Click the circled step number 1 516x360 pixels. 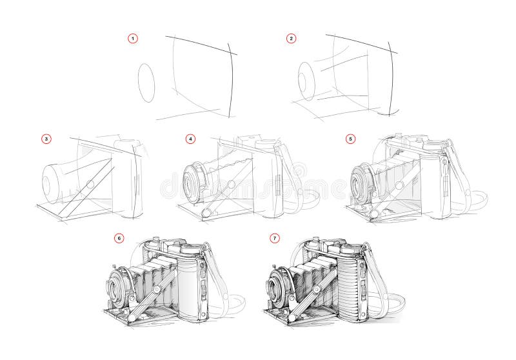pos(133,39)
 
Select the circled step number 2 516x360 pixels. pos(291,39)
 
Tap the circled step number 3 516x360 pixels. pos(45,138)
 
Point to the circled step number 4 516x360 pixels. pos(190,138)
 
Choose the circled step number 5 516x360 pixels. pos(350,138)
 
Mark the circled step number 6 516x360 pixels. pos(118,238)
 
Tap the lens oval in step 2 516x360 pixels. pos(306,82)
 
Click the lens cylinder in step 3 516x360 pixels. pos(55,181)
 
